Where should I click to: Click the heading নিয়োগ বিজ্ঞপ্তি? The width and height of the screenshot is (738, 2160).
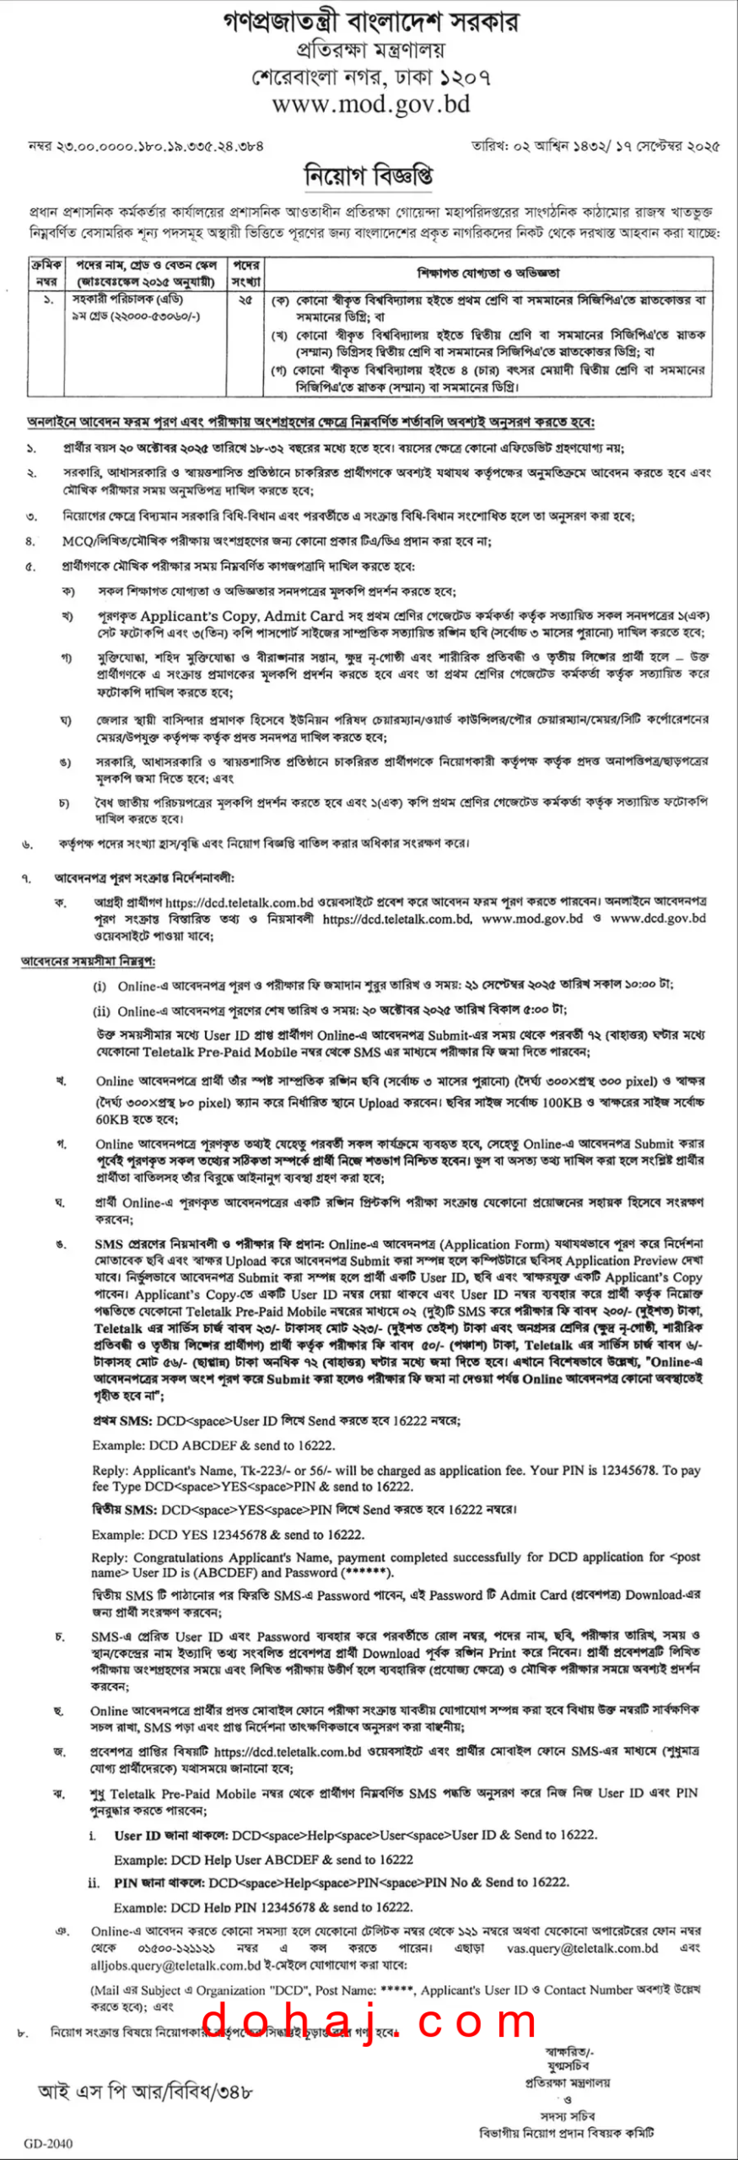click(369, 175)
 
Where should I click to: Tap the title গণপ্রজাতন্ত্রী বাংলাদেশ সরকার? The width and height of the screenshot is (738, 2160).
click(370, 22)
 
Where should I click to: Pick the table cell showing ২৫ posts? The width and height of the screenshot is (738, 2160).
click(245, 300)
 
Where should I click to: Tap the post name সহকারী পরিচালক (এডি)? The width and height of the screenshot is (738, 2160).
click(127, 300)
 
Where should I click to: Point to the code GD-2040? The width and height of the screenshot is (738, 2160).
click(48, 2142)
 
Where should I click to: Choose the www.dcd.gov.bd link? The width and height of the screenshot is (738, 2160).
click(658, 918)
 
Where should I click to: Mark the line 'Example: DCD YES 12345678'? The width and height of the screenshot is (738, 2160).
click(228, 1535)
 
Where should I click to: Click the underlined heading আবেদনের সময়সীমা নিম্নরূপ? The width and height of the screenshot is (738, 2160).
click(88, 961)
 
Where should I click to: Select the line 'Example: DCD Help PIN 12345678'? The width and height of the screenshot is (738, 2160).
click(262, 1907)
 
